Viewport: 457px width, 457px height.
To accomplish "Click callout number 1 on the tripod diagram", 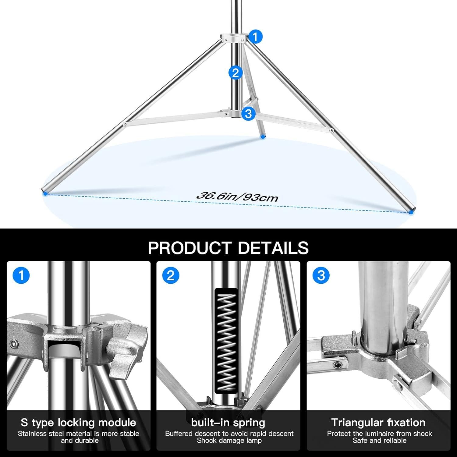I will click(x=255, y=37).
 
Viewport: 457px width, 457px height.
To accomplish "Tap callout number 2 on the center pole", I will click(x=235, y=73).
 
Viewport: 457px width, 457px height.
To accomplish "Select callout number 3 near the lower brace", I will click(x=248, y=113).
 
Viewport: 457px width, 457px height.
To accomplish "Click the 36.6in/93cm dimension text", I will click(x=237, y=197).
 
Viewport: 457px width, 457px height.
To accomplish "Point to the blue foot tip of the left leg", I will click(x=45, y=193).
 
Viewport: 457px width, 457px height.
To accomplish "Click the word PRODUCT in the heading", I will click(x=190, y=248).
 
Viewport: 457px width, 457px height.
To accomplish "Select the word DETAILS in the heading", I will click(x=273, y=248).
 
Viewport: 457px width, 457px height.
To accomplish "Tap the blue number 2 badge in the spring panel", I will click(x=171, y=276).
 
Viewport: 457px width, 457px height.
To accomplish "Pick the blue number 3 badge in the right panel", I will click(x=321, y=276).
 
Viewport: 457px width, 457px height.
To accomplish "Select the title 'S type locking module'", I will click(x=78, y=423).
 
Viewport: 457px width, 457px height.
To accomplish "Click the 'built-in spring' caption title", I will click(x=228, y=423).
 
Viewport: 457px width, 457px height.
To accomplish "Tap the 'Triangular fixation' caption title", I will click(x=378, y=423).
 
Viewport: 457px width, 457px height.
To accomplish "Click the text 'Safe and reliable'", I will click(x=379, y=441).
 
